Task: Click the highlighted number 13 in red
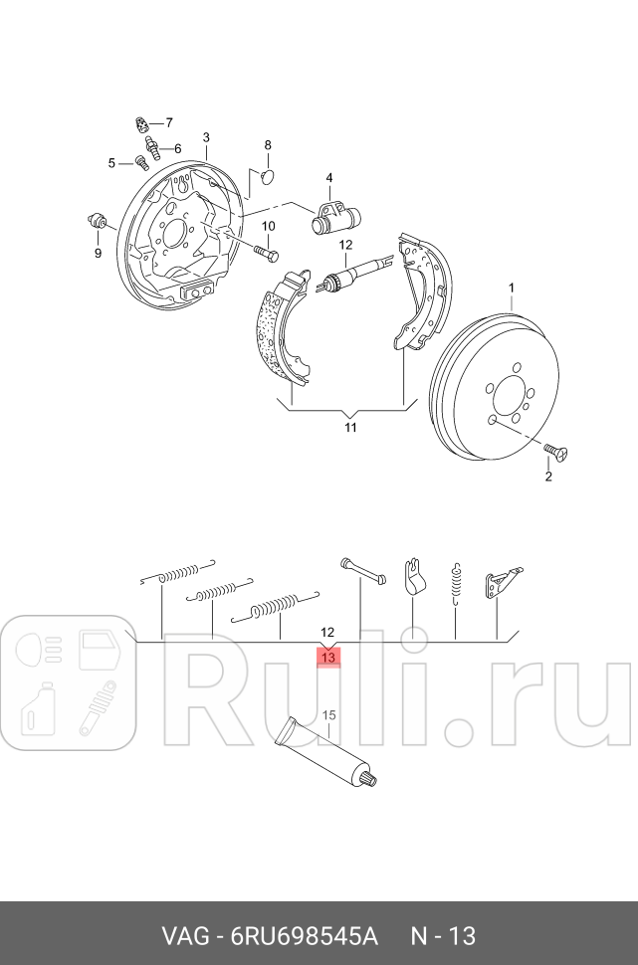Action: pyautogui.click(x=328, y=657)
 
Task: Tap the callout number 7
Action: pyautogui.click(x=168, y=123)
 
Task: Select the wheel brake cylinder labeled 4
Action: pyautogui.click(x=335, y=217)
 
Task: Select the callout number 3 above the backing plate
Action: pyautogui.click(x=206, y=137)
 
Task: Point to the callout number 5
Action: pyautogui.click(x=112, y=162)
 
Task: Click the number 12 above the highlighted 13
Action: pyautogui.click(x=328, y=632)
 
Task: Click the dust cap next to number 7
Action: pyautogui.click(x=141, y=124)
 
